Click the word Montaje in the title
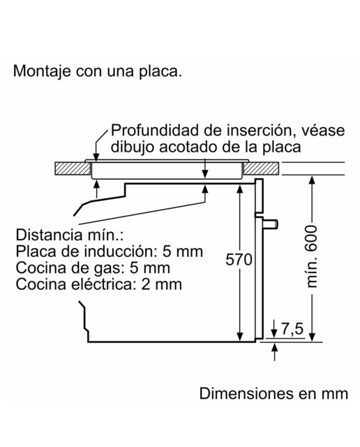[x=42, y=71]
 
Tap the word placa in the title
[x=160, y=72]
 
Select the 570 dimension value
[x=239, y=259]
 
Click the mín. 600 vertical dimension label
[x=312, y=256]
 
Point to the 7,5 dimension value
[x=292, y=329]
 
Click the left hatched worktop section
[x=73, y=168]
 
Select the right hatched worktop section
[x=262, y=168]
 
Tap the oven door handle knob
[x=270, y=223]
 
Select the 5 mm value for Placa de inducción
[x=183, y=251]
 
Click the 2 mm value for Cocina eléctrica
[x=161, y=284]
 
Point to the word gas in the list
[x=110, y=269]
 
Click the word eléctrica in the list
[x=103, y=284]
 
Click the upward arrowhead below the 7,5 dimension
[x=274, y=347]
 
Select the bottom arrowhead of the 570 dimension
[x=240, y=337]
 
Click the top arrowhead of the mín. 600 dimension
[x=312, y=180]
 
